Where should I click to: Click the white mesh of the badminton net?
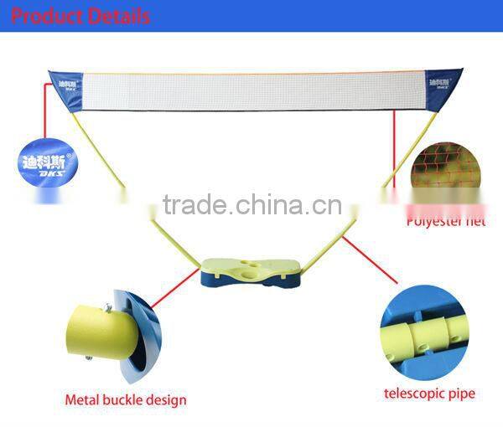[251, 90]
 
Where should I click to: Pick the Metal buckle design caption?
[126, 400]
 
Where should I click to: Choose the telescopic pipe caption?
[429, 394]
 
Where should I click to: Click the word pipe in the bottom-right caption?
[459, 394]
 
